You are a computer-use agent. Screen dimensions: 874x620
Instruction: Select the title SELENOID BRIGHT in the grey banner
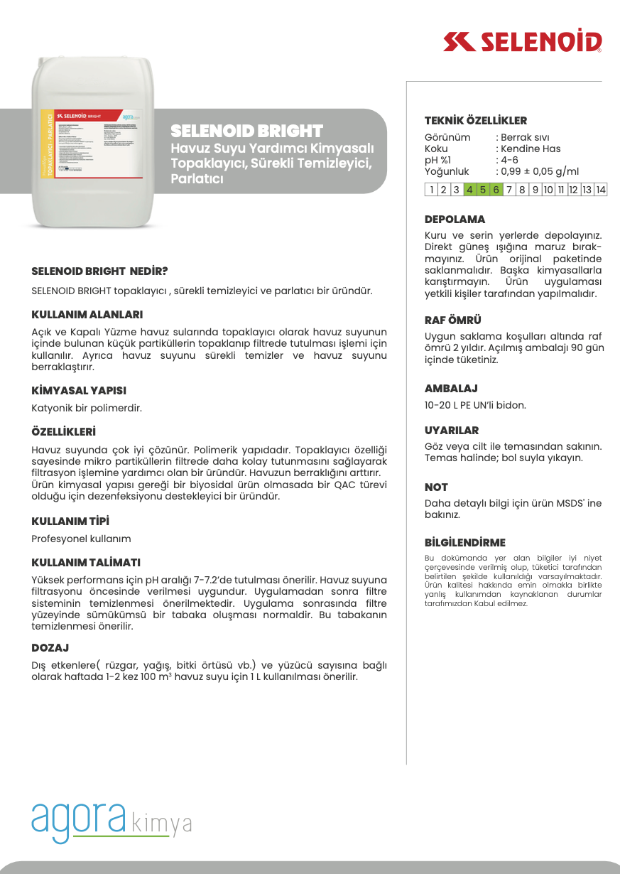click(x=246, y=131)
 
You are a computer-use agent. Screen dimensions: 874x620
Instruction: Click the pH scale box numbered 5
click(x=483, y=189)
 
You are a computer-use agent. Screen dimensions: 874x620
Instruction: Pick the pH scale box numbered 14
click(x=601, y=189)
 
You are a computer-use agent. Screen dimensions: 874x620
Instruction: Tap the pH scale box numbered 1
click(x=431, y=189)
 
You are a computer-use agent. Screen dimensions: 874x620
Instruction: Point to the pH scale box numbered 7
click(x=509, y=189)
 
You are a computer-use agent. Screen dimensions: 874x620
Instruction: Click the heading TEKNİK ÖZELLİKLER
click(x=476, y=121)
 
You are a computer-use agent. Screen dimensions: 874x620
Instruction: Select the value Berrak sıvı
click(x=526, y=137)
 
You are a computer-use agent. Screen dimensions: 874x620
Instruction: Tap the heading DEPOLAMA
click(x=455, y=220)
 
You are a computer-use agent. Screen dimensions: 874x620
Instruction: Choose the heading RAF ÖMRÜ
click(x=453, y=320)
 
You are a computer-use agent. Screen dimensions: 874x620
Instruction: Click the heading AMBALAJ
click(x=451, y=389)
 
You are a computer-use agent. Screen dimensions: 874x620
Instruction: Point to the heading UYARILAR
click(x=452, y=431)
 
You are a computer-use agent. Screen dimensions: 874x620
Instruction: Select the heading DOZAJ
click(x=50, y=648)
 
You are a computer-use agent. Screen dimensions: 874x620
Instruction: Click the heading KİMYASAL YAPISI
click(x=79, y=391)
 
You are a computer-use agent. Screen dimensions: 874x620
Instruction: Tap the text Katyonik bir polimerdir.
click(x=87, y=408)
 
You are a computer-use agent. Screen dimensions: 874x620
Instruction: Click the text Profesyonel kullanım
click(x=81, y=539)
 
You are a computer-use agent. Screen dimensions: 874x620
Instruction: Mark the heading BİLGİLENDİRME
click(x=465, y=543)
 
